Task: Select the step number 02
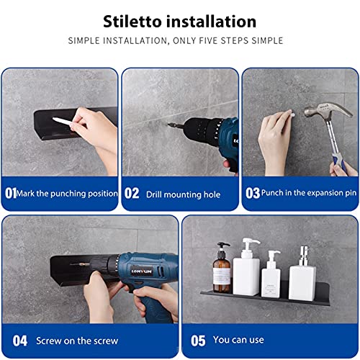(132, 194)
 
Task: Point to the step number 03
(253, 193)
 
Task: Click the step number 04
(19, 340)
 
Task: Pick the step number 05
(197, 340)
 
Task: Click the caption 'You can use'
(238, 340)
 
